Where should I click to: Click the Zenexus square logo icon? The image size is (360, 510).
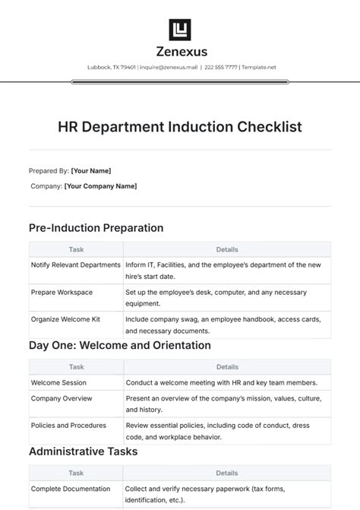click(x=180, y=30)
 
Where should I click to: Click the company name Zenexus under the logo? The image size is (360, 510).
click(x=180, y=52)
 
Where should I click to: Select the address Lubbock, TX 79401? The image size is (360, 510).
click(x=112, y=67)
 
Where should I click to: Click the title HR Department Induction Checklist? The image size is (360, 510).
click(x=180, y=126)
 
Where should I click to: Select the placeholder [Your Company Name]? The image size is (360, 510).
click(x=100, y=186)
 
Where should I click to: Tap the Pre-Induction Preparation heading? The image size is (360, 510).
click(x=96, y=227)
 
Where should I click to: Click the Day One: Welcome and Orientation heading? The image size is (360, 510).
click(x=119, y=345)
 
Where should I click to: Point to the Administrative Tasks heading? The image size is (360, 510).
click(x=83, y=451)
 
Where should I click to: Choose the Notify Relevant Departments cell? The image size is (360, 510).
click(x=75, y=265)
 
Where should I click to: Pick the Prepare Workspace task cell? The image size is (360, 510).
click(x=62, y=292)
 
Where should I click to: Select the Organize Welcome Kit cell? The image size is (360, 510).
click(x=65, y=319)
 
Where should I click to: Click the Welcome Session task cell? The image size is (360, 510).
click(x=58, y=382)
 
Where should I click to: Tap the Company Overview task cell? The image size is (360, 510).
click(x=62, y=398)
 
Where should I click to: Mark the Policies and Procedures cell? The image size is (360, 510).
click(x=68, y=425)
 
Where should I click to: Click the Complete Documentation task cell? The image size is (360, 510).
click(x=71, y=489)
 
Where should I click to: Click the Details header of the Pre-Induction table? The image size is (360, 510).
click(x=227, y=249)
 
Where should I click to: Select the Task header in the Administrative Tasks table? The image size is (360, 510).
click(x=76, y=473)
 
